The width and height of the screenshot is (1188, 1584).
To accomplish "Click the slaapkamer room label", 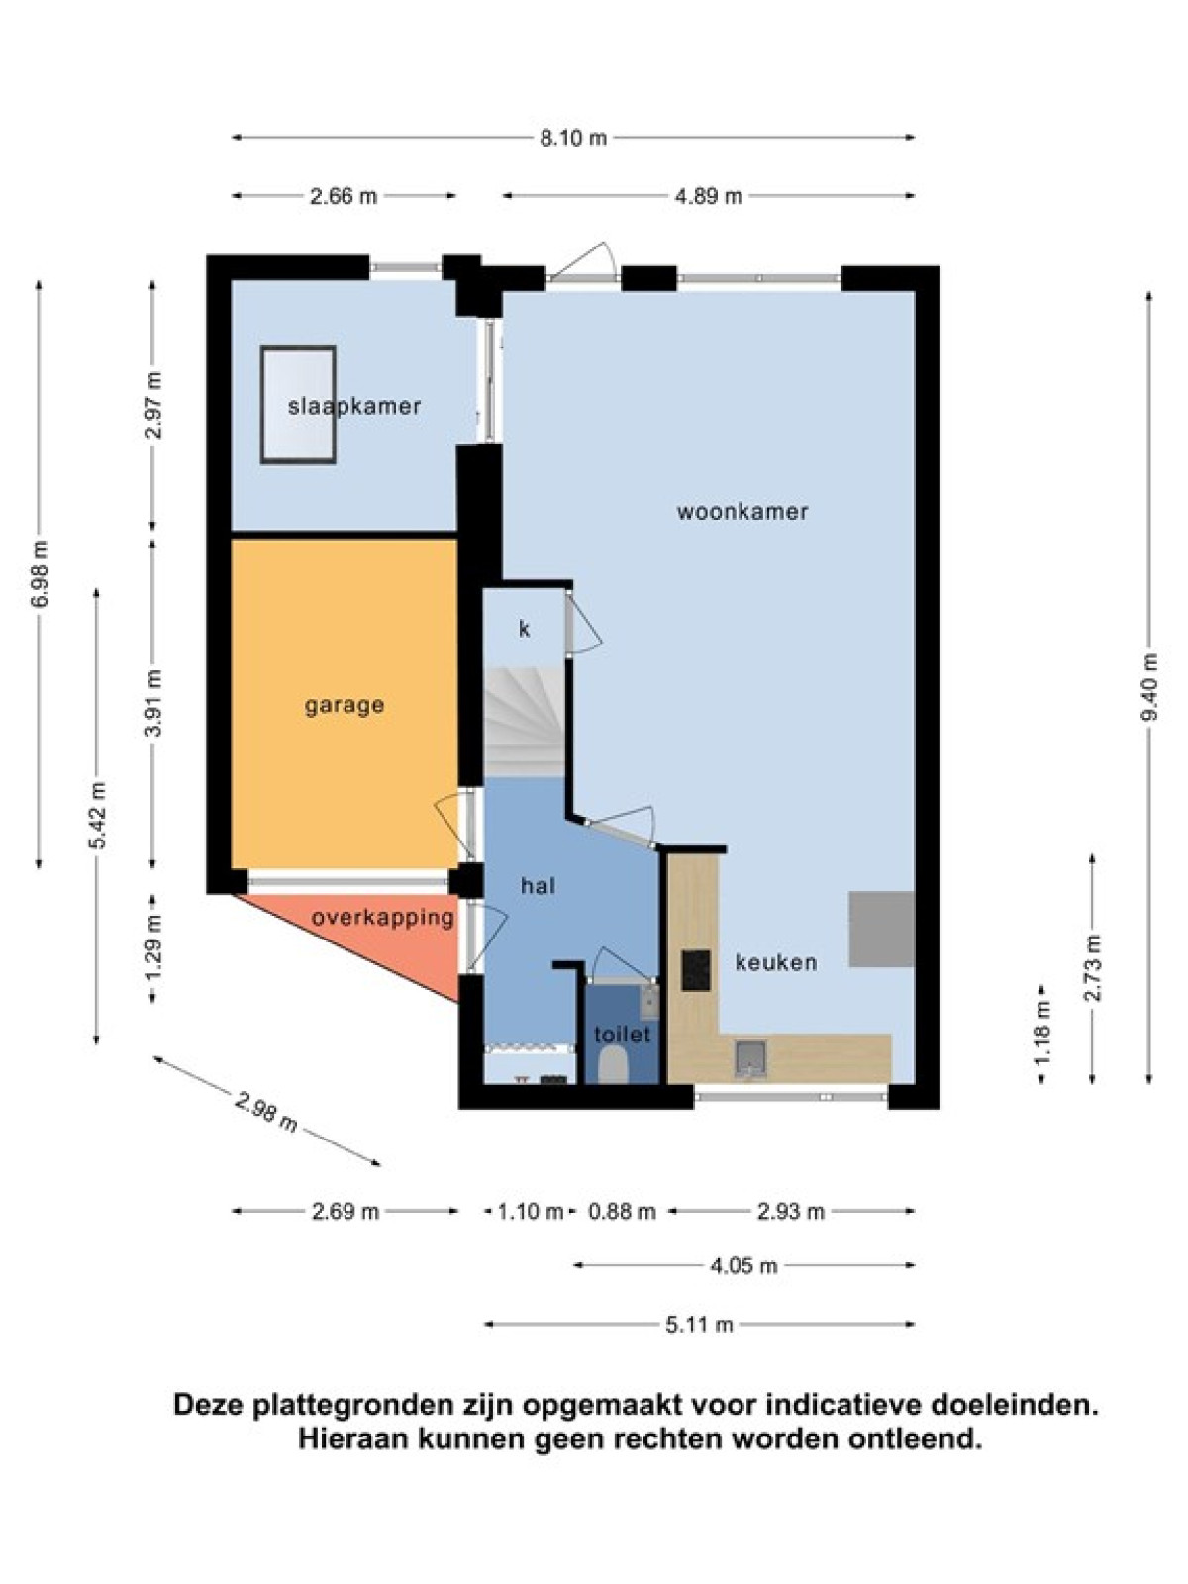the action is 353,406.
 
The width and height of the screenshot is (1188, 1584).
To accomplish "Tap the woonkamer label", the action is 742,512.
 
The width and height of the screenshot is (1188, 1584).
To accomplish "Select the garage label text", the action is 345,706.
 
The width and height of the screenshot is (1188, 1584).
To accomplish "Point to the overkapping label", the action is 383,918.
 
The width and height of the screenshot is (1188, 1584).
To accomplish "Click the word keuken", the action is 776,962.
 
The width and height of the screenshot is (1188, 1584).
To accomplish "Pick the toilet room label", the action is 623,1035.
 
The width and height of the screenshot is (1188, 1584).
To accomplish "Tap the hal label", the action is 539,885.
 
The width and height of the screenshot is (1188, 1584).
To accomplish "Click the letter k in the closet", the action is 525,629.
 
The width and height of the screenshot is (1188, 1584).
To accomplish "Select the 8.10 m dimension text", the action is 573,137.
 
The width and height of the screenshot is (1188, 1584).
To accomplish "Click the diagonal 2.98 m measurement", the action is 266,1112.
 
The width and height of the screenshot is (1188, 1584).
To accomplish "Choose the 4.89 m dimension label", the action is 708,196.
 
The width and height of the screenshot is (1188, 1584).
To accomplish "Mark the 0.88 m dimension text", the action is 623,1211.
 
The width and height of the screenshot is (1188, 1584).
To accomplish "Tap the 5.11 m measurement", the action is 699,1325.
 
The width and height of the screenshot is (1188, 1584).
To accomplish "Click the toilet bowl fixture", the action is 613,1065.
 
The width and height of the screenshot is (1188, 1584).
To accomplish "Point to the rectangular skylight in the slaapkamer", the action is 299,405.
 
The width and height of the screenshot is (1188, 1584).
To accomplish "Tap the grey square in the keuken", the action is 881,929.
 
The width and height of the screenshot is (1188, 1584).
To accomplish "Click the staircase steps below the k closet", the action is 524,722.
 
